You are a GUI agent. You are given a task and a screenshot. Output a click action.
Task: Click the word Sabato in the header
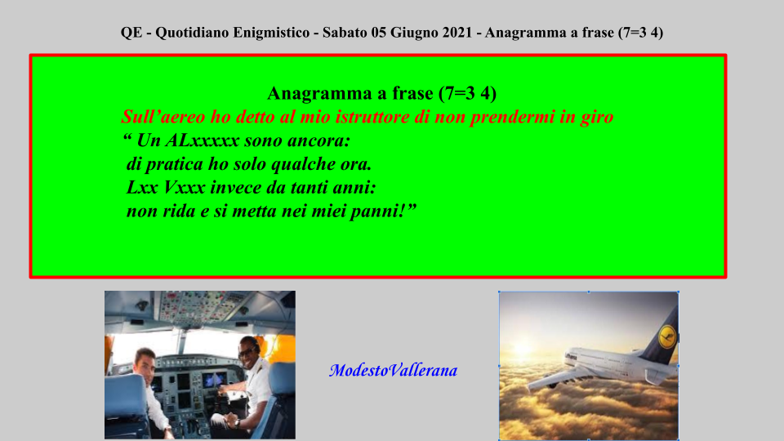(345, 33)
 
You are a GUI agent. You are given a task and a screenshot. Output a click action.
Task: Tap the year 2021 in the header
(454, 33)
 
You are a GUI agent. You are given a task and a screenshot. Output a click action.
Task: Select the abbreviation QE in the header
(131, 33)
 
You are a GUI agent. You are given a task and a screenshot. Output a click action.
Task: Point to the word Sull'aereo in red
(163, 117)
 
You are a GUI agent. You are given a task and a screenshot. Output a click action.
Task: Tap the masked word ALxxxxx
(202, 140)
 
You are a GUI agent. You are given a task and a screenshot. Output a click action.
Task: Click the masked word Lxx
(142, 188)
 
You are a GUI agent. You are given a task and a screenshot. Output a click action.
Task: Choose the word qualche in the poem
(300, 164)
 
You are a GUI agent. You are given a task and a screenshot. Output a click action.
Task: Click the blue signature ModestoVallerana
(393, 371)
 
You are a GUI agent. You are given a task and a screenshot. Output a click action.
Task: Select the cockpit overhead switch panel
(198, 308)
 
